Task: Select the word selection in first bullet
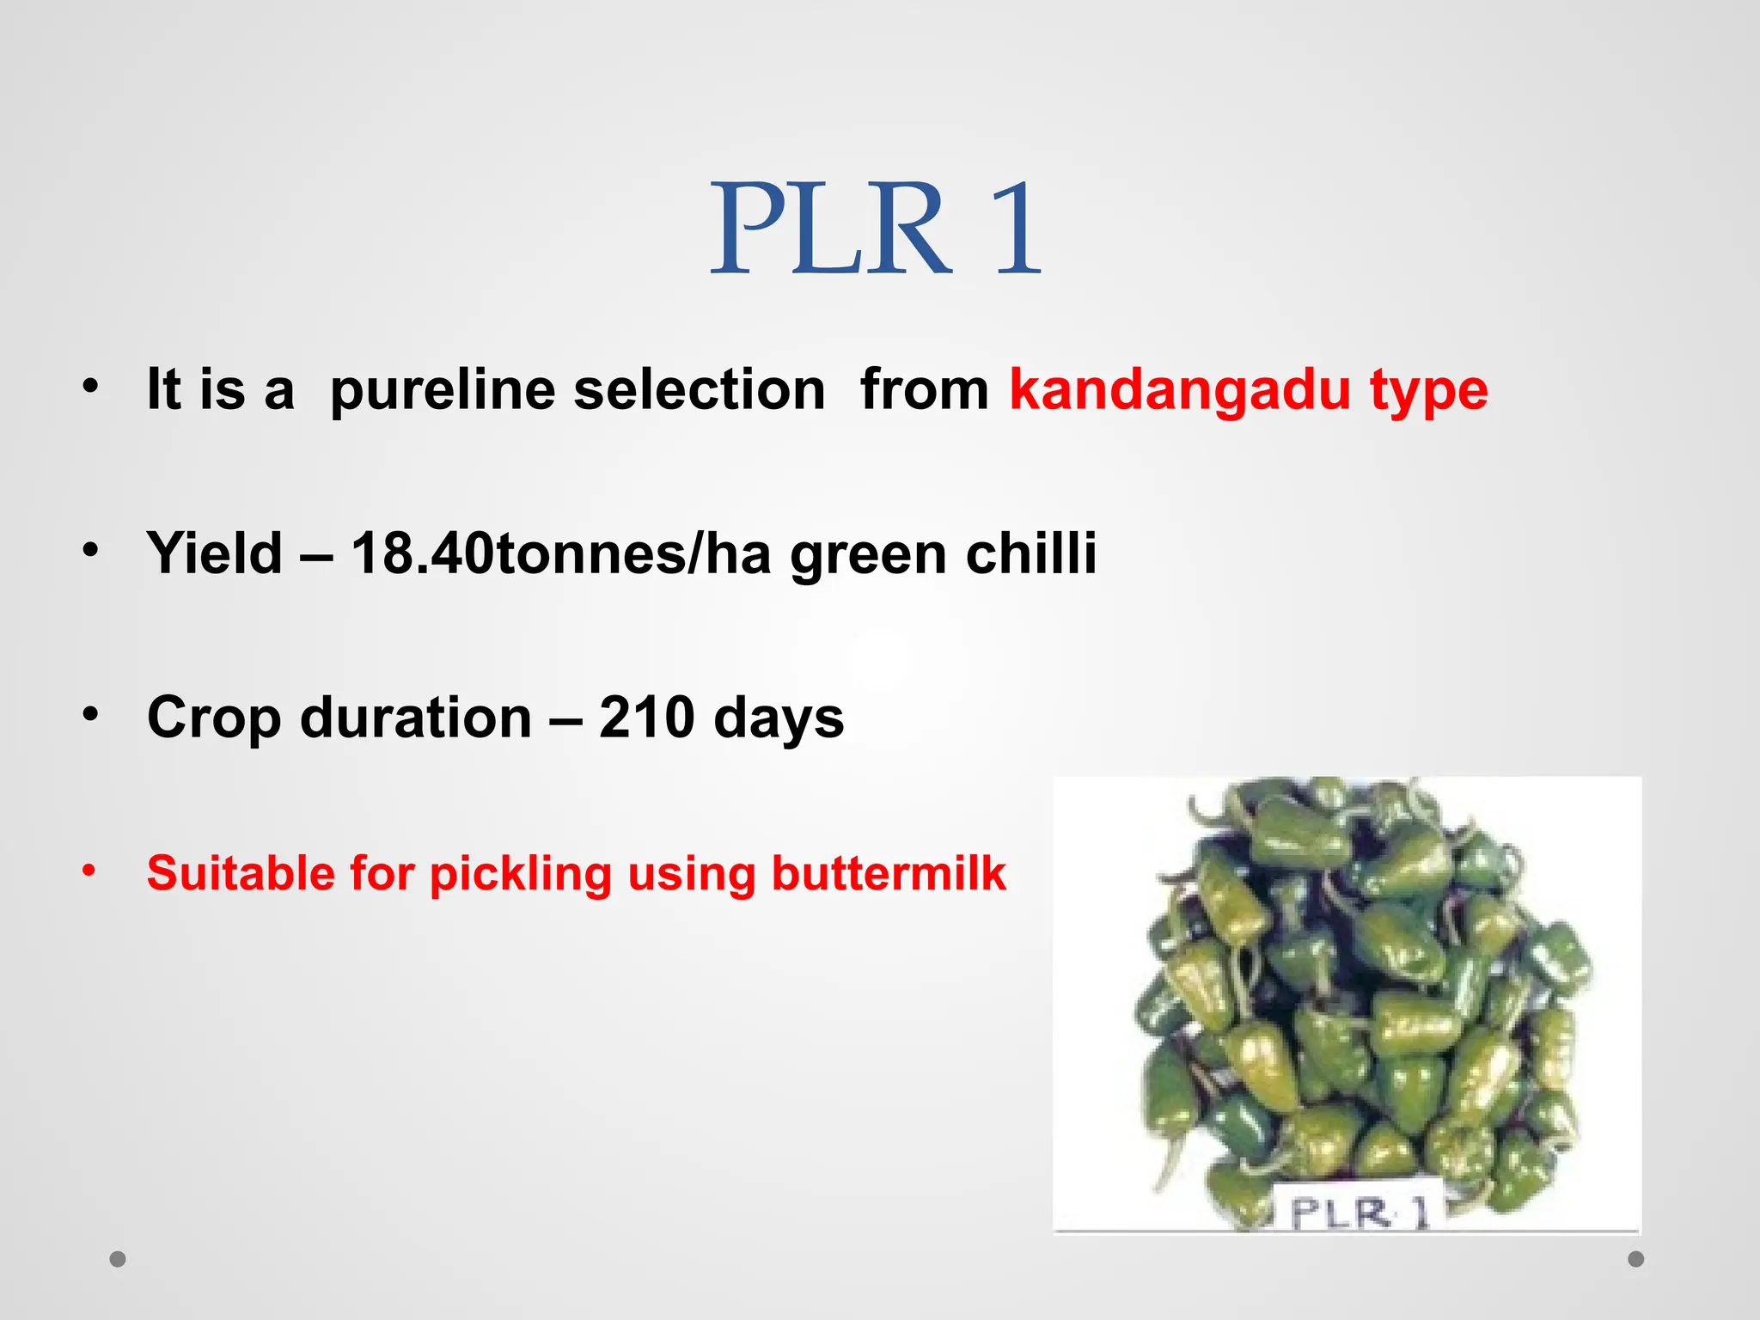(x=699, y=390)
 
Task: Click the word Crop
(x=214, y=718)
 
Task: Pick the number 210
(x=646, y=717)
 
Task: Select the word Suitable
(x=241, y=873)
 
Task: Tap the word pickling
(x=520, y=875)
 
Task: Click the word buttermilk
(x=889, y=873)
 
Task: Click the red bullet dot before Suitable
(x=89, y=871)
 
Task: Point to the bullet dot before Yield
(x=90, y=550)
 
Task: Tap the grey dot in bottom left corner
(x=118, y=1259)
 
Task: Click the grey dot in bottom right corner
(x=1636, y=1259)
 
